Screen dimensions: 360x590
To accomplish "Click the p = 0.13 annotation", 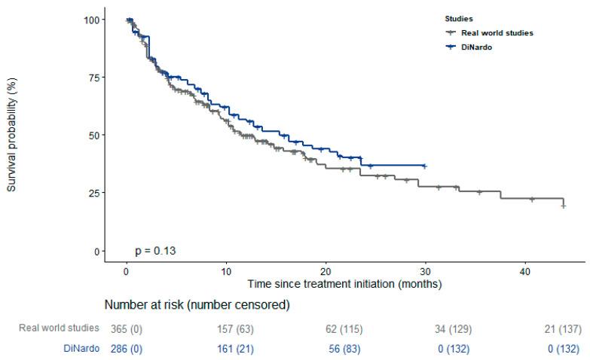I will point(156,250).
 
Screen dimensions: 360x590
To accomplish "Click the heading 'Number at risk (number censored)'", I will point(198,305).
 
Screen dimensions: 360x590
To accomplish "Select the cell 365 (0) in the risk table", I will point(126,328).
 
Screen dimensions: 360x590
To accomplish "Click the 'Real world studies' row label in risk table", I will point(58,328).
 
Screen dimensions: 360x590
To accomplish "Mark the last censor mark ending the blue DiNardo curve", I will point(425,166).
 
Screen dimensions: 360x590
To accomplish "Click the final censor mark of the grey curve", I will point(564,206).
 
